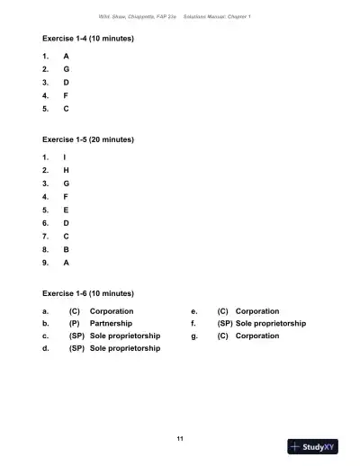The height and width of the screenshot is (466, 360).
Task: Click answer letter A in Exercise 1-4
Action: pyautogui.click(x=66, y=56)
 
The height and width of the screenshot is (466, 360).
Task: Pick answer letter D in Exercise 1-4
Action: pyautogui.click(x=66, y=82)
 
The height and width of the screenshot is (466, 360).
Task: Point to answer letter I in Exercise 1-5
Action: pyautogui.click(x=65, y=157)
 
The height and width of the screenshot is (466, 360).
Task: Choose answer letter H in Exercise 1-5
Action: pyautogui.click(x=66, y=170)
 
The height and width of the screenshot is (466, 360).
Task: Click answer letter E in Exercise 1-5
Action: pyautogui.click(x=66, y=210)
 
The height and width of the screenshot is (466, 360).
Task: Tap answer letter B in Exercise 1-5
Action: pyautogui.click(x=66, y=249)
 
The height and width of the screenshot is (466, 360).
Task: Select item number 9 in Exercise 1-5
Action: pyautogui.click(x=45, y=263)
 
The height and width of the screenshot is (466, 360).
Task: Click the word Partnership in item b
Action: pyautogui.click(x=112, y=323)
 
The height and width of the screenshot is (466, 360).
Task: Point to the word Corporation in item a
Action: pyautogui.click(x=112, y=310)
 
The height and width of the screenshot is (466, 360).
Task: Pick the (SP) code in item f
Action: pyautogui.click(x=225, y=323)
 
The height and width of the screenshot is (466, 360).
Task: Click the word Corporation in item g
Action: pyautogui.click(x=257, y=336)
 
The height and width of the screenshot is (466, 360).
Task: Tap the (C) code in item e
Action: pyautogui.click(x=223, y=310)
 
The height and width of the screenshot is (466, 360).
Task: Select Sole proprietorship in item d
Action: pyautogui.click(x=125, y=348)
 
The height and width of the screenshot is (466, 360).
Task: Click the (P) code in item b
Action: pyautogui.click(x=75, y=323)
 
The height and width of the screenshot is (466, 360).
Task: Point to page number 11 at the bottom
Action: pyautogui.click(x=180, y=437)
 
